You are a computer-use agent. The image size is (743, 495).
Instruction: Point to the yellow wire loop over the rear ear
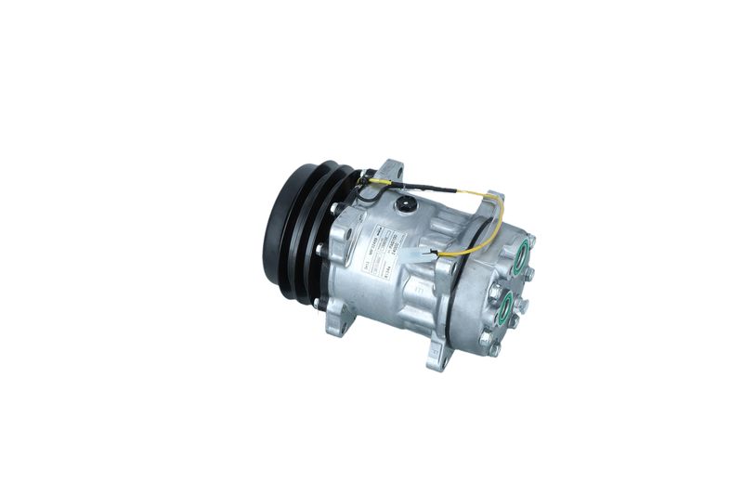(492, 223)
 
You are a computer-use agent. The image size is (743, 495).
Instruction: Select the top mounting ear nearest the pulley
(391, 172)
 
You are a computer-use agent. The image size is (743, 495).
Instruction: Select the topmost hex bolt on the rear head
(530, 240)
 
